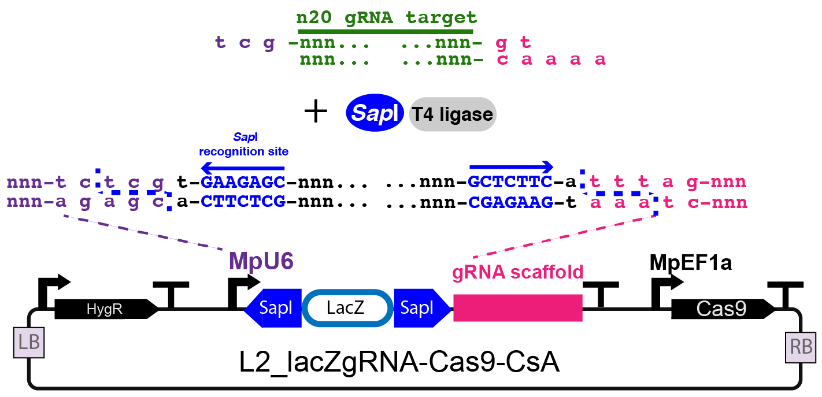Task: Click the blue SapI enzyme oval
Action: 375,114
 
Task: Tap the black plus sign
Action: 316,112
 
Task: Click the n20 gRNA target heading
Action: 385,17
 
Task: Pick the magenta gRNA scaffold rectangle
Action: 517,307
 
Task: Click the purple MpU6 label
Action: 261,262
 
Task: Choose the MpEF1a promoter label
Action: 691,262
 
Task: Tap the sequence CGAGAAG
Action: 510,203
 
